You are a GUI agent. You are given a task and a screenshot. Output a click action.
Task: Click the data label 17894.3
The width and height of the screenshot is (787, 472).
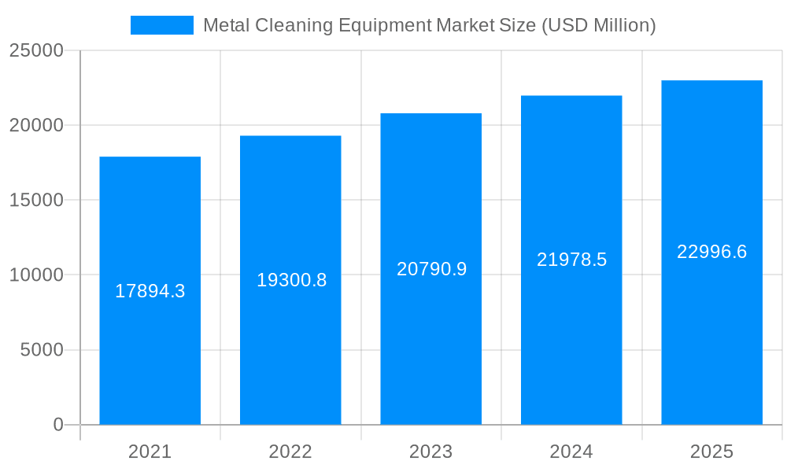click(x=150, y=291)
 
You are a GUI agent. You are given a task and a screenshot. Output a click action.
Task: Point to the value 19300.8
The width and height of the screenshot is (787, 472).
click(x=291, y=280)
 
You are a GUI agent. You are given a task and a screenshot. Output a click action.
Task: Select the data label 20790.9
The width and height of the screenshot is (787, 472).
click(x=431, y=269)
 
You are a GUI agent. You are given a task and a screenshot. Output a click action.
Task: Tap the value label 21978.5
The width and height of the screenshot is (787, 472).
click(x=571, y=260)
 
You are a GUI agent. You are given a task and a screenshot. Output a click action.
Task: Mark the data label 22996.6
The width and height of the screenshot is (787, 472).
click(x=711, y=252)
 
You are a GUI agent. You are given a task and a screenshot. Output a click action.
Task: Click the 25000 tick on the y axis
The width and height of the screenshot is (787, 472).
click(x=36, y=50)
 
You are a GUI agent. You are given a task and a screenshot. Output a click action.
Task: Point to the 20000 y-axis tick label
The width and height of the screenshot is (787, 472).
click(x=36, y=125)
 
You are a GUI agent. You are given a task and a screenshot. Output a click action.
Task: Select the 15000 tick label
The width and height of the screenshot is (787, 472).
click(x=36, y=200)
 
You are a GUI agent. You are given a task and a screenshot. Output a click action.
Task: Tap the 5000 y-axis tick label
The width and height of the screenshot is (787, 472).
click(x=42, y=350)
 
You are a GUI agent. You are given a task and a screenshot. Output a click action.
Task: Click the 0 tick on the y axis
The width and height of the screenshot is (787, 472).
click(x=58, y=425)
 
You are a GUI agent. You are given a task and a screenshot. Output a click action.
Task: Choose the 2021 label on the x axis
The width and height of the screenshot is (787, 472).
click(x=150, y=452)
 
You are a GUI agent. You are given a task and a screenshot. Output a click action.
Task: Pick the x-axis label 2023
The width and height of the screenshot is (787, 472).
click(x=430, y=452)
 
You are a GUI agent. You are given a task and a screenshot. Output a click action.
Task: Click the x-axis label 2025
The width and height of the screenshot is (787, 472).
click(x=711, y=452)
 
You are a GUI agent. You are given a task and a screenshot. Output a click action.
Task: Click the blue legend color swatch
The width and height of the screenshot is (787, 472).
click(x=161, y=25)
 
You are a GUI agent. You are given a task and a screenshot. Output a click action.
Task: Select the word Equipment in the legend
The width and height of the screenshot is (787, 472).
click(x=384, y=25)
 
